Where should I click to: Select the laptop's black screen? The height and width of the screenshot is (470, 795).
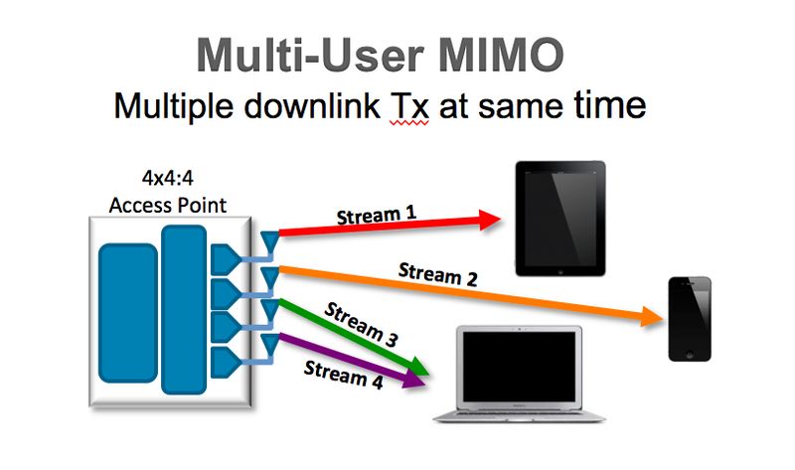click(516, 365)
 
